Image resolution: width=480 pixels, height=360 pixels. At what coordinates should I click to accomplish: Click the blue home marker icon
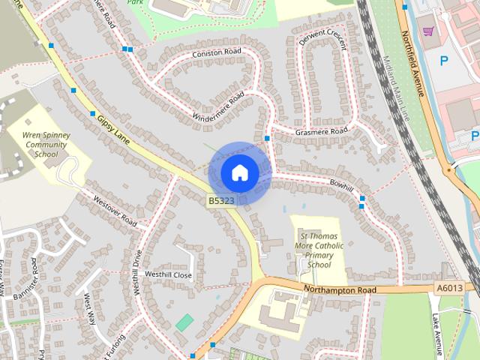tap(239, 172)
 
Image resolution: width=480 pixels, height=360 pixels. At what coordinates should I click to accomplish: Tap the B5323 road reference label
tap(221, 201)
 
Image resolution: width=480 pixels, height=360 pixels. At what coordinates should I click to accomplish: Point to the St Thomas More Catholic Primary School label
tap(319, 250)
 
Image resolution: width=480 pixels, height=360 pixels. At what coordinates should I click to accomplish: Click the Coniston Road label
tap(217, 52)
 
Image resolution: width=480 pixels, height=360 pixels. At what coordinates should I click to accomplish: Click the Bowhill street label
tap(341, 184)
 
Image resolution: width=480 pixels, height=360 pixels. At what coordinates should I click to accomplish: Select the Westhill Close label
tap(169, 275)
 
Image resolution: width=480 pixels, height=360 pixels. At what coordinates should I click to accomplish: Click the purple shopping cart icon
tap(428, 31)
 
